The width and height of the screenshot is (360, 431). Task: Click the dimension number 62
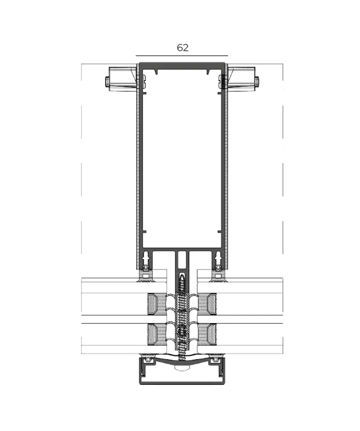(182, 47)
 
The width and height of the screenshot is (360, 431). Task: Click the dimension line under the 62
(182, 56)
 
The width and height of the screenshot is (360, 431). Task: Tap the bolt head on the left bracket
(107, 82)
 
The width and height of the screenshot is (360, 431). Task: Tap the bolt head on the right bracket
(257, 82)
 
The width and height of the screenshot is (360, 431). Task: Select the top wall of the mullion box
(182, 65)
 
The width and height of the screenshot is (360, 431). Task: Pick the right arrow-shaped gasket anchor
(216, 256)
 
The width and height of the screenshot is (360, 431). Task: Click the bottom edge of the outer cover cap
(182, 383)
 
